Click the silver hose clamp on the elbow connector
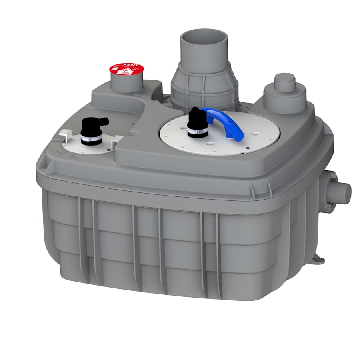(91, 140)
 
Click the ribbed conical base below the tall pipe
(204, 86)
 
